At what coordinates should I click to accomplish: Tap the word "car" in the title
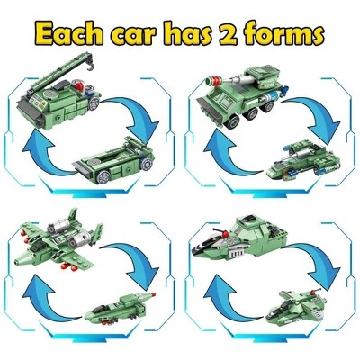tap(132, 35)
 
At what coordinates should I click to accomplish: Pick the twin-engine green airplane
tap(58, 241)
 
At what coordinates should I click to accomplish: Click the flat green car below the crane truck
tap(114, 160)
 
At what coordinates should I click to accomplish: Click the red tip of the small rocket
tap(153, 294)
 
